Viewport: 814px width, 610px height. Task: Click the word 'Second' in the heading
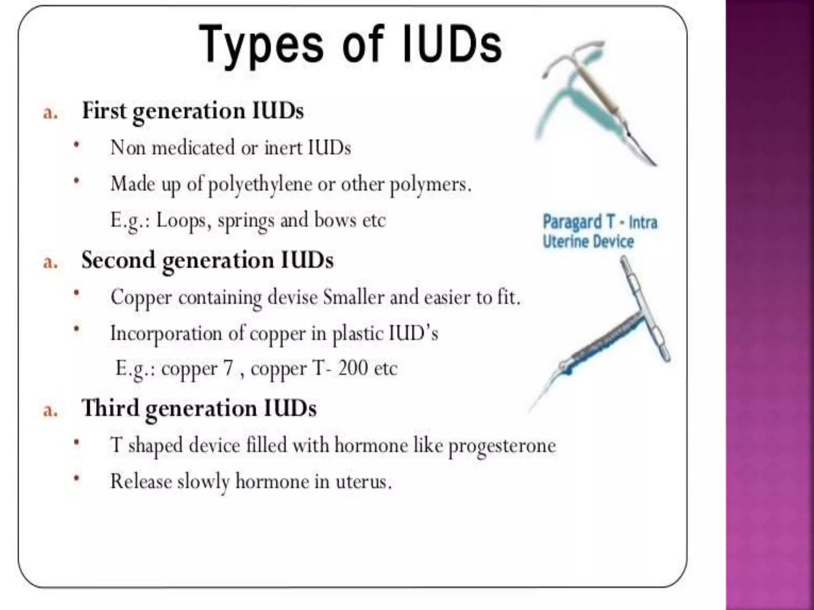pyautogui.click(x=118, y=261)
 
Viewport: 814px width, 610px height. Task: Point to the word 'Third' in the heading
pyautogui.click(x=110, y=408)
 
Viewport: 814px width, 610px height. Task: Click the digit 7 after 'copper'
pyautogui.click(x=228, y=368)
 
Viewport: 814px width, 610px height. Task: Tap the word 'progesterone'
pyautogui.click(x=502, y=446)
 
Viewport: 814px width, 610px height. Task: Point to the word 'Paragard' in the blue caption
pyautogui.click(x=572, y=222)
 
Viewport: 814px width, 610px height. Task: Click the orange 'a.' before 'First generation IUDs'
pyautogui.click(x=50, y=113)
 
